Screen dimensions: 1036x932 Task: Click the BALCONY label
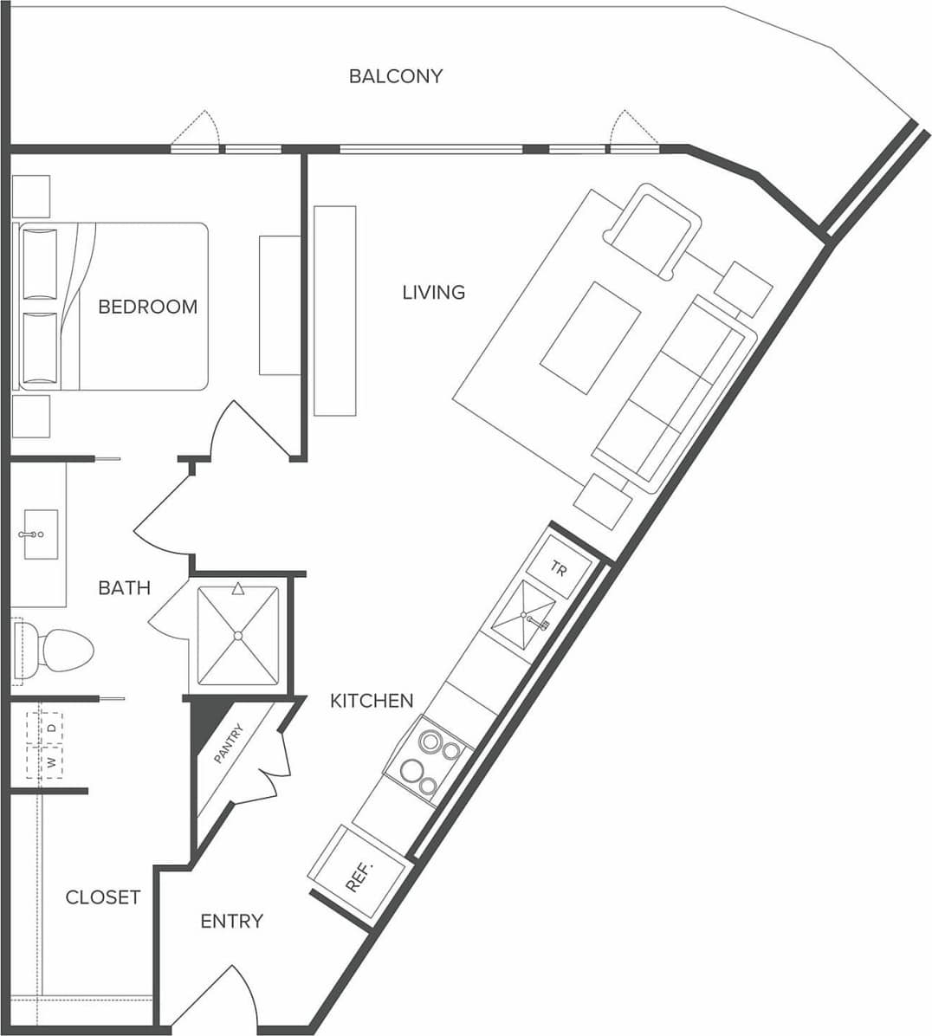click(395, 76)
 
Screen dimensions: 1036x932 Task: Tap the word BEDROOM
click(147, 307)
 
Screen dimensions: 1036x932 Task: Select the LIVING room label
click(433, 293)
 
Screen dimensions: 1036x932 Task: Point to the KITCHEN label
click(372, 700)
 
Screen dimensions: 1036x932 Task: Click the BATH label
click(124, 588)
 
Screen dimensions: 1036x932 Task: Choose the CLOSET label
click(102, 897)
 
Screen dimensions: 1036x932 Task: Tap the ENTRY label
click(231, 921)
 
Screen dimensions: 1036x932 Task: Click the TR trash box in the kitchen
click(559, 569)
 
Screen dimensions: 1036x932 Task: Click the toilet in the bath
click(56, 649)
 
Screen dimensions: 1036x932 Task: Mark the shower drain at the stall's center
click(237, 636)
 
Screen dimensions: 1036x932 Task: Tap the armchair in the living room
click(653, 229)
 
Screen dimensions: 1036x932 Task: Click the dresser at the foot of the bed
click(280, 304)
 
